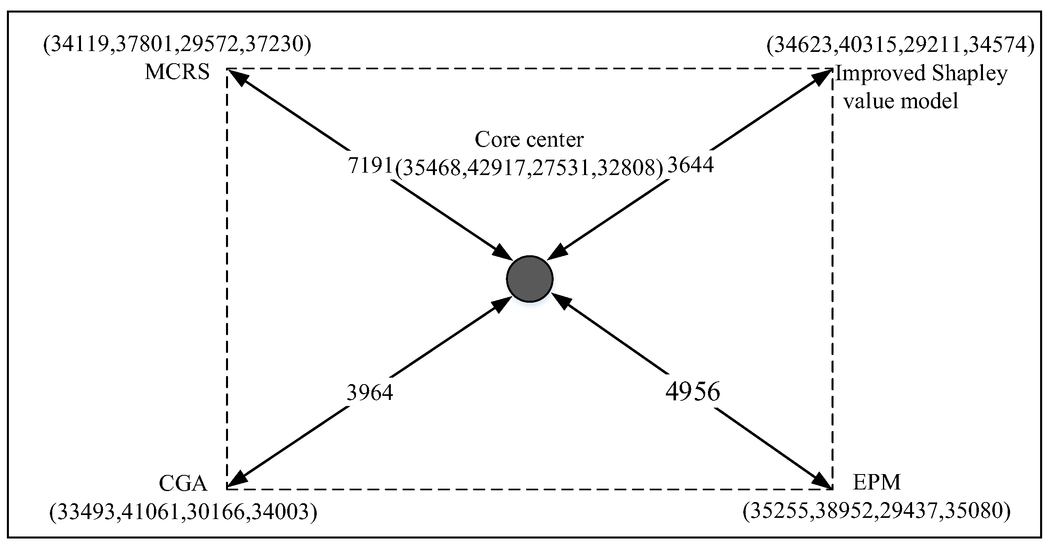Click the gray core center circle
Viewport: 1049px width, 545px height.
[529, 279]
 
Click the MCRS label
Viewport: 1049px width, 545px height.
[177, 72]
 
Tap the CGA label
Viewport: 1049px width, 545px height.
[183, 484]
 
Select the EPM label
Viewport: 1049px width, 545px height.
[876, 483]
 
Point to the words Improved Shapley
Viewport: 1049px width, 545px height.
[921, 74]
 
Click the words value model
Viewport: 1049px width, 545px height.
[901, 101]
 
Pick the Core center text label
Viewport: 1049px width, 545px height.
[529, 140]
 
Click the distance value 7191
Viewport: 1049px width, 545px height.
[370, 165]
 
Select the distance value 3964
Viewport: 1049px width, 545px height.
[370, 393]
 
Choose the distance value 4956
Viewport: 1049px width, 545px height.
[693, 392]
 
